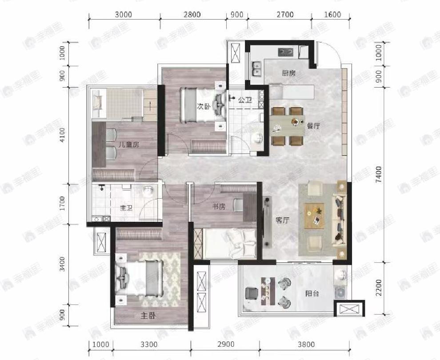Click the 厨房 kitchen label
288,73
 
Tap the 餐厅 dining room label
313,126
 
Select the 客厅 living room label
282,220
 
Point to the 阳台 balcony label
312,294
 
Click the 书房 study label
219,207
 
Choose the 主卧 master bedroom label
148,316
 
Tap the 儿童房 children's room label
128,145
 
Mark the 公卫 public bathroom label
245,100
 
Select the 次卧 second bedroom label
204,106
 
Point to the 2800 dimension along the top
192,15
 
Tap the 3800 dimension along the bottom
306,344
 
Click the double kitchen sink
256,69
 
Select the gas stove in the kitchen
286,52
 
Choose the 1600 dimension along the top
332,15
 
